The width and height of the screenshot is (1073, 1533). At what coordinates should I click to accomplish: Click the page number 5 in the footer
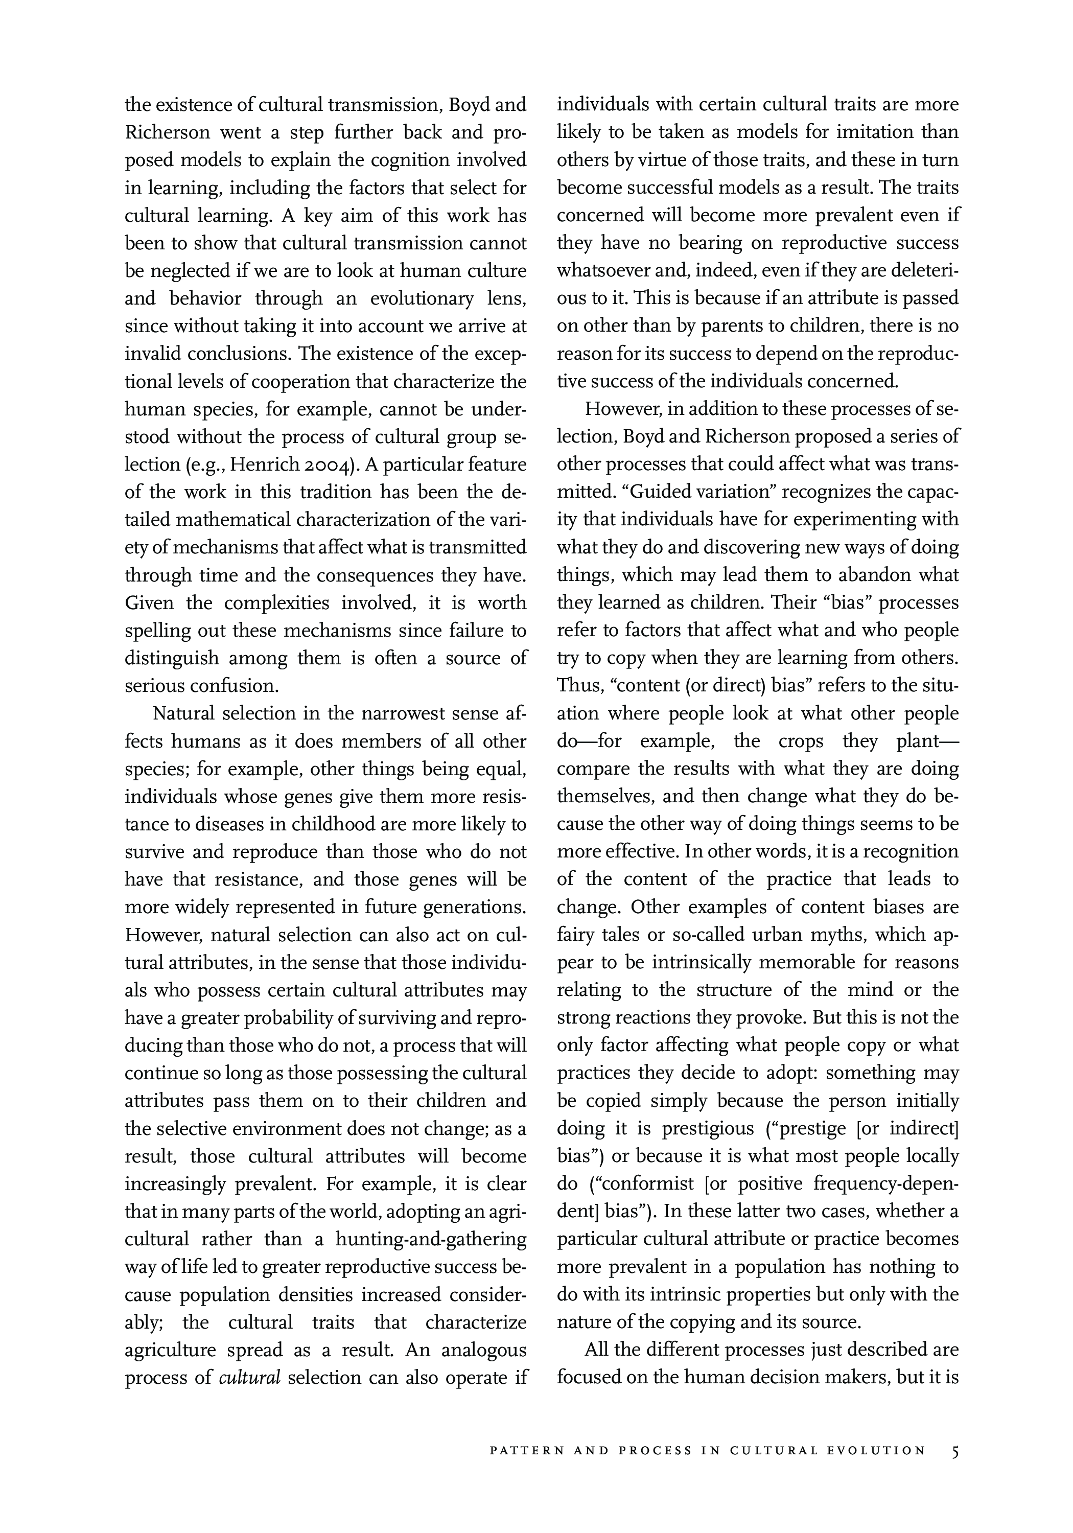955,1450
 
